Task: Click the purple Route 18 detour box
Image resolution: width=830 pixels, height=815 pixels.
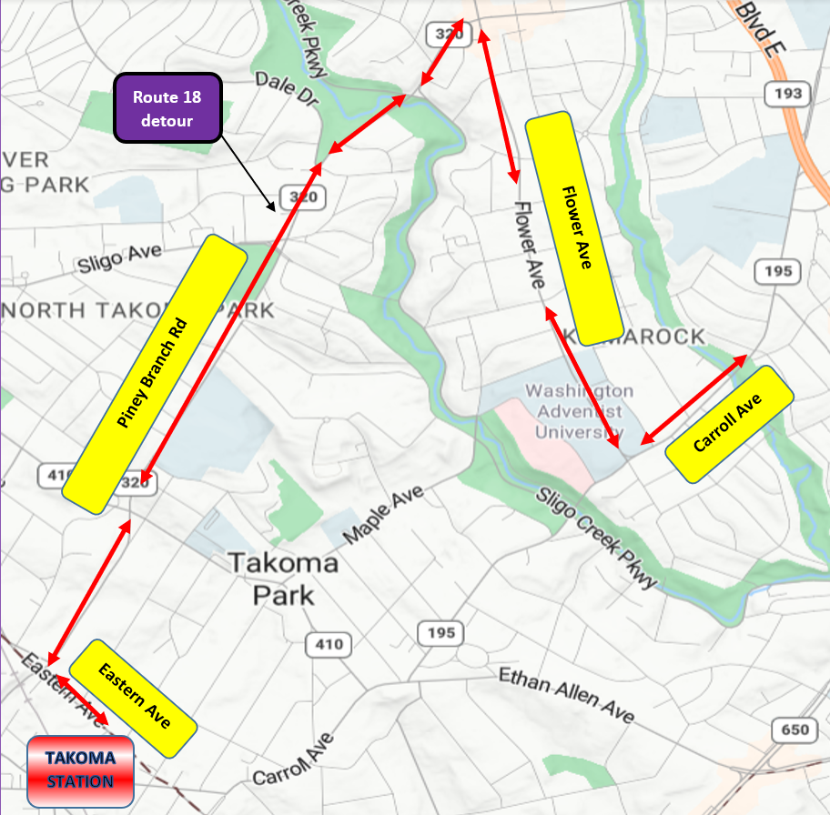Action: coord(167,107)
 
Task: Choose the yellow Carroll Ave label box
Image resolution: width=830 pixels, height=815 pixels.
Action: coord(731,424)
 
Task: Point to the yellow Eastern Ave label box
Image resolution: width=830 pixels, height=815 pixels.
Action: coord(134,698)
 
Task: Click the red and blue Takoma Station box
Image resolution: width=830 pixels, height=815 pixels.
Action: coord(81,770)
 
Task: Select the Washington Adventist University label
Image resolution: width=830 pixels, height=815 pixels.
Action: coord(579,410)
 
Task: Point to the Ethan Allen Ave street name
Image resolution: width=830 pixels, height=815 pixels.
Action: coord(565,695)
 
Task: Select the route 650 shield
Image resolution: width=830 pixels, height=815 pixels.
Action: coord(791,729)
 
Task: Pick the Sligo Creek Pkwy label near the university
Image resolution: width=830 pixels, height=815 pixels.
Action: coord(595,538)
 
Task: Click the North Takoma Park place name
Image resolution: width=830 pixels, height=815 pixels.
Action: coord(137,310)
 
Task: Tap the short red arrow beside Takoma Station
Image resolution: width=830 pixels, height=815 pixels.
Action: coord(83,700)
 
